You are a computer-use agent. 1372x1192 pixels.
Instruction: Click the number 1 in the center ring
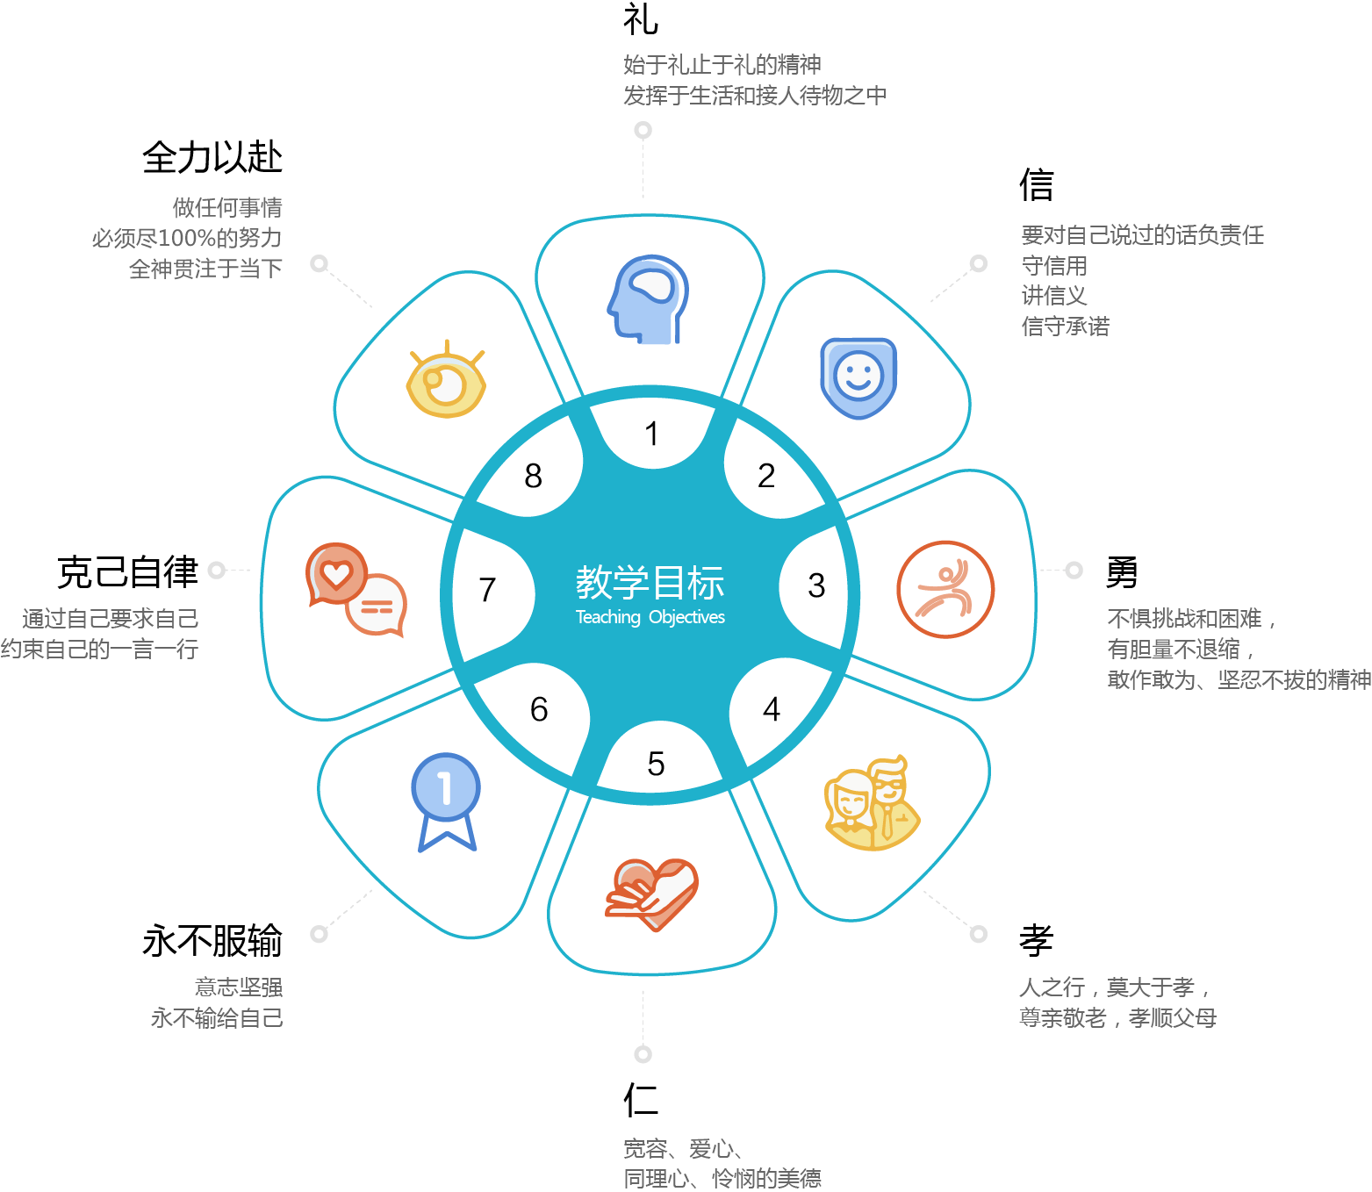[x=651, y=434]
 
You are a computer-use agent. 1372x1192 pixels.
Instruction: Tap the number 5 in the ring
[x=656, y=765]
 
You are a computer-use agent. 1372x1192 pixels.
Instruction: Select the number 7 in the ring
[x=487, y=590]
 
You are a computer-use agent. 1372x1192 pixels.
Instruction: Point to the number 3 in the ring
[x=816, y=585]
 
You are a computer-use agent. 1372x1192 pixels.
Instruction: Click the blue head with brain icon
[x=648, y=298]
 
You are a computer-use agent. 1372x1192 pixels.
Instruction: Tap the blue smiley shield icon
[x=858, y=377]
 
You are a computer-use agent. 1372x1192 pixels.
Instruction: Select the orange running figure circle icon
[x=945, y=589]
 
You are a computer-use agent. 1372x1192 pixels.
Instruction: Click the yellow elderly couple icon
[x=871, y=803]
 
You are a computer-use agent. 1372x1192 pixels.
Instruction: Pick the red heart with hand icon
[x=651, y=894]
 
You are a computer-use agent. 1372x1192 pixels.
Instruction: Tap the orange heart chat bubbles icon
[x=356, y=589]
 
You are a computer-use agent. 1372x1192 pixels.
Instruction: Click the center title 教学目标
[x=650, y=582]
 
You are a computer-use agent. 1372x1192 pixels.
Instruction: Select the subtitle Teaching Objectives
[x=650, y=617]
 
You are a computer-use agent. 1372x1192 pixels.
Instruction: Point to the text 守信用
[x=1054, y=265]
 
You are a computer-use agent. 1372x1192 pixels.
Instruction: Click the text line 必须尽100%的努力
[x=186, y=238]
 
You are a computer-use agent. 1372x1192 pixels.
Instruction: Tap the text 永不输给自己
[x=217, y=1018]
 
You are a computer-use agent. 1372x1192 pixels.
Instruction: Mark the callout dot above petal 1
[x=643, y=131]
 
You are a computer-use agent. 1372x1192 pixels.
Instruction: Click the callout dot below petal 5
[x=643, y=1054]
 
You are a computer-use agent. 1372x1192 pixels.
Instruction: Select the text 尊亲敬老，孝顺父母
[x=1117, y=1018]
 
